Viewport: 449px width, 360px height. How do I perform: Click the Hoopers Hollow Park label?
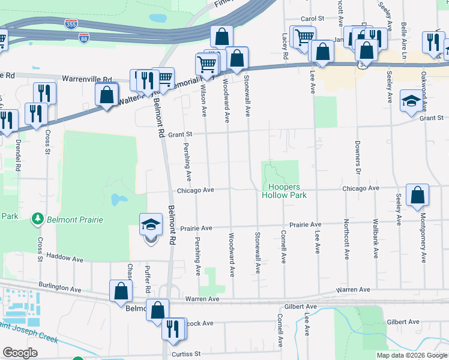click(284, 191)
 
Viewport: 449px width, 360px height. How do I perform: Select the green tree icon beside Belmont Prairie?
click(37, 218)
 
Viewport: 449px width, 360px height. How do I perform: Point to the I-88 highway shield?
click(85, 38)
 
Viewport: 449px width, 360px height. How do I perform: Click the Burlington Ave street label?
click(60, 288)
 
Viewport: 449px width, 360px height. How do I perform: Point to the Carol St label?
click(312, 19)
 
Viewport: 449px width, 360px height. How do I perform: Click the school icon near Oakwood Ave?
click(411, 101)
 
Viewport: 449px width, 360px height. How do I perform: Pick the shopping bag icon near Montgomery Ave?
click(417, 196)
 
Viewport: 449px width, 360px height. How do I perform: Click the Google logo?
click(20, 353)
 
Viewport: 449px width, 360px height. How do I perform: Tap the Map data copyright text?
click(411, 355)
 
